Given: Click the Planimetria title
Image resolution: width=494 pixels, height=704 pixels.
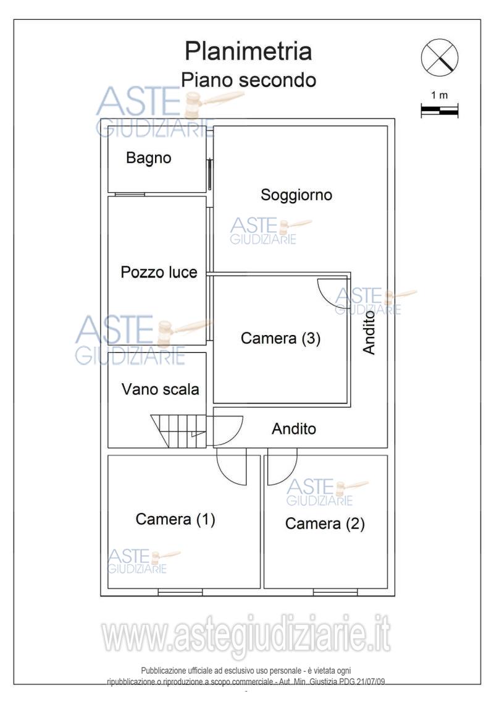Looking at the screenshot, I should coord(249,51).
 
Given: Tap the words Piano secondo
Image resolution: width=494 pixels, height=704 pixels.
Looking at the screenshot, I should coord(248,80).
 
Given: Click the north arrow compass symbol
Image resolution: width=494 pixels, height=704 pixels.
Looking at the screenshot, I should coord(439,59).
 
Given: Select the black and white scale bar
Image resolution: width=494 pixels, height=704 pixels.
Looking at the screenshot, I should coord(439,111).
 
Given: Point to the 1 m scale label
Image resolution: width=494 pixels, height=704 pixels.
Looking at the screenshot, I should coord(439,96).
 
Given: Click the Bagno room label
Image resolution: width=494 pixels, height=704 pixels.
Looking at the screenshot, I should coord(148,158).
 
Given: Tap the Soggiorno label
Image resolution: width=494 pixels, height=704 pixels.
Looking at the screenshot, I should coord(296,195).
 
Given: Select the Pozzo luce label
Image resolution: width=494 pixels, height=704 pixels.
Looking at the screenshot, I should coord(159,273).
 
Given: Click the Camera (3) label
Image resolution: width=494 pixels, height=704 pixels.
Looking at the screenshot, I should coord(281,339).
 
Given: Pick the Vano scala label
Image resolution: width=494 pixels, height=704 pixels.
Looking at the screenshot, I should coord(160,390).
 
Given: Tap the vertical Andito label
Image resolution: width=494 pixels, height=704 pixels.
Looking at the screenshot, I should coord(369,333).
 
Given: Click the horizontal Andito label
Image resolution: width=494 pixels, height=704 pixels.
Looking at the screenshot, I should coord(294,429).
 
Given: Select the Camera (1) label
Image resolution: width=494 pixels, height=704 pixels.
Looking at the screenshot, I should coord(175,520).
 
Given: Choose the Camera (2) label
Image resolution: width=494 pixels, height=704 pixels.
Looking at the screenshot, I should coord(325,524).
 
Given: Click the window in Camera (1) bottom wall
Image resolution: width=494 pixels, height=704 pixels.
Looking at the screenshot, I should coord(172,592).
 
